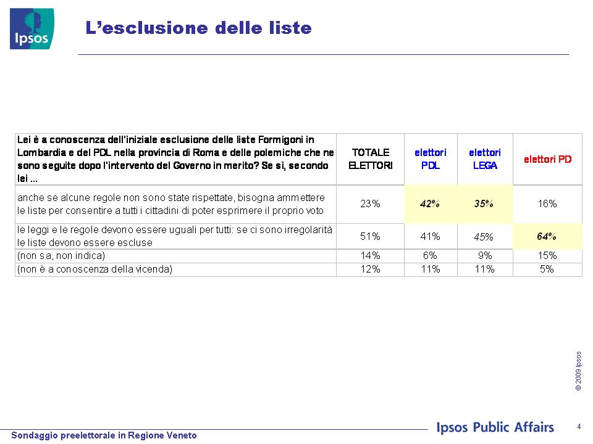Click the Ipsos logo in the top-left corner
point(32,29)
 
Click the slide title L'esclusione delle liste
point(198,28)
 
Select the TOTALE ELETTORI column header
point(370,159)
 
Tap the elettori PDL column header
point(431,159)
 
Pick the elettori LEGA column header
point(485,159)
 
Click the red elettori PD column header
point(547,159)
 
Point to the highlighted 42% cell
point(430,204)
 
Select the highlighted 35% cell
point(484,204)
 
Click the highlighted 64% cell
point(547,236)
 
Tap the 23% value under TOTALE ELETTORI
point(370,204)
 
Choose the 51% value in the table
point(370,236)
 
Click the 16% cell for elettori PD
point(547,204)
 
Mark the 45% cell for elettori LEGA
point(484,237)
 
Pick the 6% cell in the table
point(430,255)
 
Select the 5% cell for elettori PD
point(547,269)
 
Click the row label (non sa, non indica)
point(61,256)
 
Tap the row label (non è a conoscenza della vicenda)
point(95,269)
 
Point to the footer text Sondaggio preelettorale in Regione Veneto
point(104,435)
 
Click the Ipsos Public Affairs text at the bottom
point(495,427)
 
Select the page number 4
point(579,427)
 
